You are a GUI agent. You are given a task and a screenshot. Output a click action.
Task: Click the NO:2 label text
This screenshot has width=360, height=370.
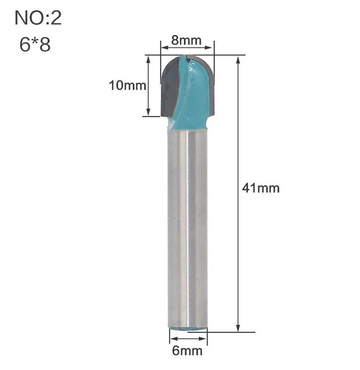coord(38,18)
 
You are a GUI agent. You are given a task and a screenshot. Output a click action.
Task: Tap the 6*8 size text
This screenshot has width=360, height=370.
coord(35,45)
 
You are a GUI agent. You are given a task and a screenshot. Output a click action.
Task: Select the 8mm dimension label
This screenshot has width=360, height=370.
coord(186,40)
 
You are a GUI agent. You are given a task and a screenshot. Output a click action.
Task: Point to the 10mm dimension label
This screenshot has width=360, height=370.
coord(128,85)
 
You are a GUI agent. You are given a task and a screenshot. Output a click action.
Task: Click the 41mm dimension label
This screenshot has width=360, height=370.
coord(261,188)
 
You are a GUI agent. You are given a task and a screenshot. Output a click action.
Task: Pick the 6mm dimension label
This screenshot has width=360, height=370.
coord(187,350)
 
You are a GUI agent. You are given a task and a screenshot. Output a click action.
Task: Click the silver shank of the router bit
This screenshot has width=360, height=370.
coord(188,229)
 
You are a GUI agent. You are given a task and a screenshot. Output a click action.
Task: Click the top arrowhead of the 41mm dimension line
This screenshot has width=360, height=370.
coord(238,60)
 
